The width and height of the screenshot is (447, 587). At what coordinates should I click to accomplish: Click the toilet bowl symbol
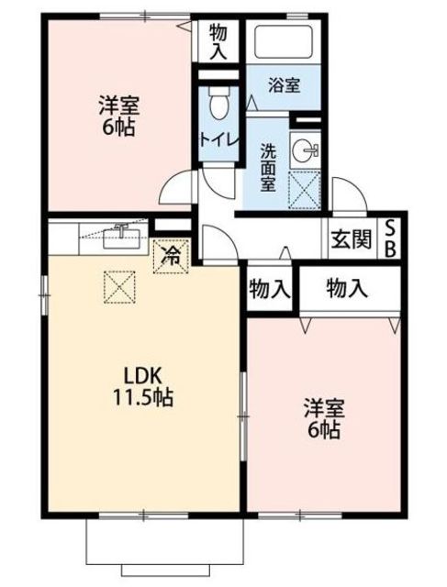click(x=218, y=103)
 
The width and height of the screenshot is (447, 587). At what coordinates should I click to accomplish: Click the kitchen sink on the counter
click(x=121, y=238)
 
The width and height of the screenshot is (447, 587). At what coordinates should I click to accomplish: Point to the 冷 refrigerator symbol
click(x=171, y=257)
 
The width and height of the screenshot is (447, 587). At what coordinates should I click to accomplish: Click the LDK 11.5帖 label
click(x=143, y=387)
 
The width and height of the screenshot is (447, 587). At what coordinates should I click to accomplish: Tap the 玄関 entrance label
click(x=352, y=238)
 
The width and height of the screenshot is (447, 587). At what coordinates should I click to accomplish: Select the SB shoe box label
click(x=390, y=238)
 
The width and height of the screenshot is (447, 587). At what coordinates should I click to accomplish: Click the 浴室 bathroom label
click(x=285, y=85)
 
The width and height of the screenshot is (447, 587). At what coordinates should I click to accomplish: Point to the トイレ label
click(x=219, y=139)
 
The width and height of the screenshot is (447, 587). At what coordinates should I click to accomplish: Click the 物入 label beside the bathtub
click(x=218, y=41)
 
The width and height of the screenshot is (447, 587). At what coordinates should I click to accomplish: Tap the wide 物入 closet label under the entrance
click(x=347, y=289)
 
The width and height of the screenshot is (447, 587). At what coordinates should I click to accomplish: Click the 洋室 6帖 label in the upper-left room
click(x=118, y=116)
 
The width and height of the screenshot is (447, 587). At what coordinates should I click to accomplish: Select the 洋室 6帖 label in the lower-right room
click(x=324, y=418)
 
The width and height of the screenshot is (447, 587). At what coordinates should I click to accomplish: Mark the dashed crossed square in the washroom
click(x=304, y=190)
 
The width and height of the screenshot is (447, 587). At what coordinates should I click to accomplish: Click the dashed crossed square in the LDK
click(x=119, y=287)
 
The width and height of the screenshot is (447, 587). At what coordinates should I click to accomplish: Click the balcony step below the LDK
click(x=165, y=570)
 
